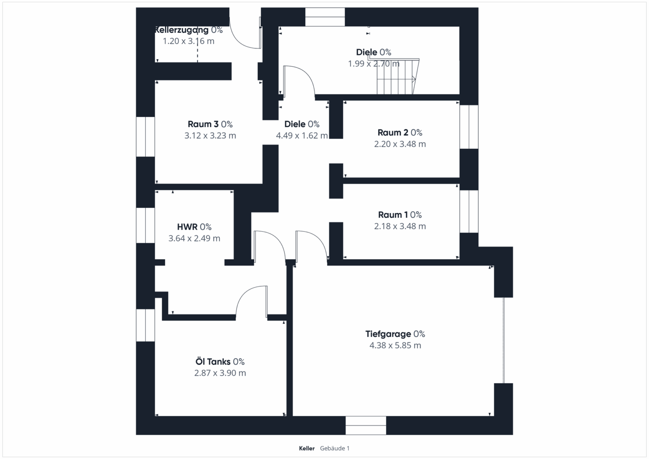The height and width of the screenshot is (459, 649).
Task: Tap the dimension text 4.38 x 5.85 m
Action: [395, 345]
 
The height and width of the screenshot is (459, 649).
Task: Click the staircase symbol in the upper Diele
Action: [397, 76]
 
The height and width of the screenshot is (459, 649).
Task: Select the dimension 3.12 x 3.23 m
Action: [210, 136]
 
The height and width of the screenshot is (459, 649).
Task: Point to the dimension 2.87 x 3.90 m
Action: [220, 373]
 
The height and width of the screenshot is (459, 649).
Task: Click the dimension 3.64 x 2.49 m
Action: [194, 238]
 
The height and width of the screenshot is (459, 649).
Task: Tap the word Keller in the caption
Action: [306, 448]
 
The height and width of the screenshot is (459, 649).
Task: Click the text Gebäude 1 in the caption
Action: [334, 448]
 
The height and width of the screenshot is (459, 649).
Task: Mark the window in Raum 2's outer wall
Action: [469, 127]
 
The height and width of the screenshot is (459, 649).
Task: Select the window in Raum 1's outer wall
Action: [469, 211]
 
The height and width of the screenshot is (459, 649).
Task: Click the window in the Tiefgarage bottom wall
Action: [366, 425]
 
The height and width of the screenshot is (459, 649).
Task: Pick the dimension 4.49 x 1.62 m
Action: [302, 136]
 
